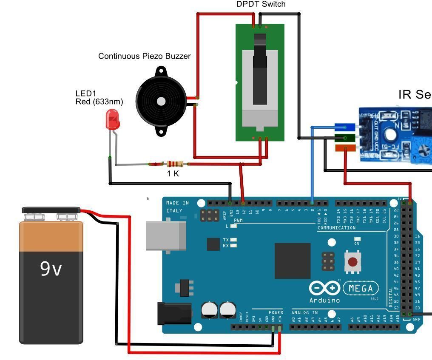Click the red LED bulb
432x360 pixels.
113,119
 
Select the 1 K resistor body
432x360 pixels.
175,164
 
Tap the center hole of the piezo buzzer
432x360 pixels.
161,101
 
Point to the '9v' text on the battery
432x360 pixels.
51,269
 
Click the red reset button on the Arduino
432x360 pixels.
352,261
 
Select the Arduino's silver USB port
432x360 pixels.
166,235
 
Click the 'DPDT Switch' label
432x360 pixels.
261,4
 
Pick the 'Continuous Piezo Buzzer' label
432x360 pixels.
144,56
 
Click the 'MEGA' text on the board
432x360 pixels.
361,289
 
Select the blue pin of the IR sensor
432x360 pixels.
345,127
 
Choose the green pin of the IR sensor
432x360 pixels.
345,137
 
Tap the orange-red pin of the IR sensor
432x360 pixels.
345,148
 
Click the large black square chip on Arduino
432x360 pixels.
292,261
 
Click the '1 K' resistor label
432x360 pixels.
173,173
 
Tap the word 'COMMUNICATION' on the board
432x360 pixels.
336,228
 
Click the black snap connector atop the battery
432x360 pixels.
51,210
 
